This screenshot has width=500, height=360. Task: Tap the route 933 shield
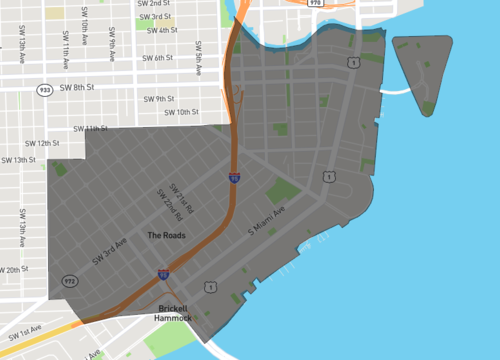pos(44,89)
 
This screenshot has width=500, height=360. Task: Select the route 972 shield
pos(70,282)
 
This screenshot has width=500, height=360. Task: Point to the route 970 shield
pos(316,4)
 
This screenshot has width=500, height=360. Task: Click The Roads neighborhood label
pos(166,236)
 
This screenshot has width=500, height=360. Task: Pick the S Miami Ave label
pos(267,221)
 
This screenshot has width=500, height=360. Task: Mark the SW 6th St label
pos(158,58)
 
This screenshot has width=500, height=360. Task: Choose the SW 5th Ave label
pos(199,58)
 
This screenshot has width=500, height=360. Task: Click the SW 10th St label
pos(181,112)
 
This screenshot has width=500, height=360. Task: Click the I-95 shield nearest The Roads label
pos(163,272)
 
